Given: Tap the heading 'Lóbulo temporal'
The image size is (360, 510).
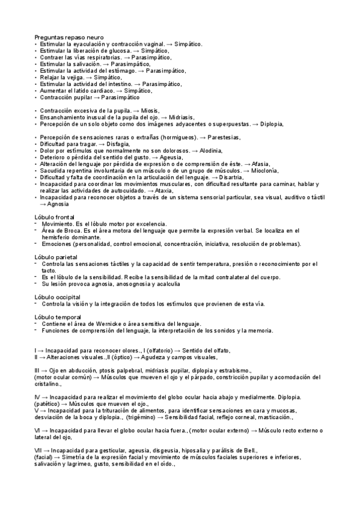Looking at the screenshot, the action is pos(58,317).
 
